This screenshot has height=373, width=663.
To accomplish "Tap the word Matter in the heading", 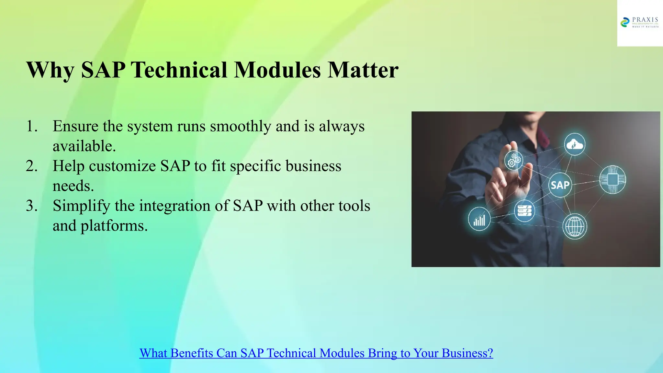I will tap(363, 70).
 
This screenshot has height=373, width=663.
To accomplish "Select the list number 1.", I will tap(31, 126).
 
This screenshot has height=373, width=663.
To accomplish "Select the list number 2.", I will tap(31, 166).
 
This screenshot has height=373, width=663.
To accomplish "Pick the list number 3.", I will tap(31, 206).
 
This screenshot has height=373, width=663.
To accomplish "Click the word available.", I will tap(84, 146).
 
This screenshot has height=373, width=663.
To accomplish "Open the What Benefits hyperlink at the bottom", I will tap(316, 353).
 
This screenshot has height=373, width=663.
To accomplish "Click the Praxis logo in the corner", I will tap(639, 23).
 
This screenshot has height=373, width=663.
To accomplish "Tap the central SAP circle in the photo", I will tap(560, 185).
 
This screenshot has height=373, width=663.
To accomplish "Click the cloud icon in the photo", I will tap(574, 144).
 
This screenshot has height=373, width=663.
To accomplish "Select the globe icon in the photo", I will tap(575, 226).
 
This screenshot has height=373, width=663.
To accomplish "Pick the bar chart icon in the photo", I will tap(479, 219).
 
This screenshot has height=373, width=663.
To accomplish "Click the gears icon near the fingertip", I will tap(514, 160).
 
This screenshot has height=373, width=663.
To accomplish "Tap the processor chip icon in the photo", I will tap(612, 179).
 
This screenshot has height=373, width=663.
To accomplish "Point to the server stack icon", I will tap(524, 211).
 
